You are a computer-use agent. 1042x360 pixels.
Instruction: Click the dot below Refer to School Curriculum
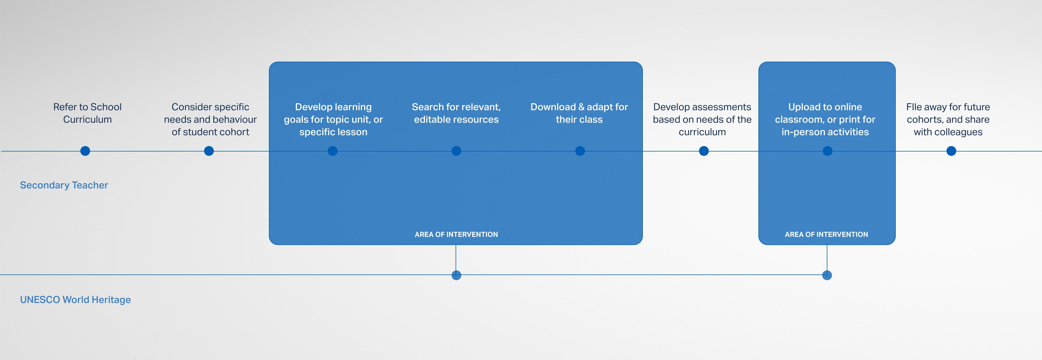85,151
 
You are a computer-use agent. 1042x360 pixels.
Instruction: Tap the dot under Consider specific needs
209,151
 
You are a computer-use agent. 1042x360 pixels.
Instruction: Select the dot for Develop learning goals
332,151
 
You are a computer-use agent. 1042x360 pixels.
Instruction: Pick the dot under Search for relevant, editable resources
456,151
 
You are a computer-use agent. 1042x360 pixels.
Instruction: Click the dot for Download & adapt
580,151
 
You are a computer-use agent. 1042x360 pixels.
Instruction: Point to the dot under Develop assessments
704,151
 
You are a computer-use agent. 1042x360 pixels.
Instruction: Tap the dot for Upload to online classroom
828,151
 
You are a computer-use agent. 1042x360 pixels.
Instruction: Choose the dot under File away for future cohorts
951,151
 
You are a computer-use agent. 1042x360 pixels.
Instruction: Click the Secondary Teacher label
64,185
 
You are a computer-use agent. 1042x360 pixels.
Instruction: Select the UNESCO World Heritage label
75,300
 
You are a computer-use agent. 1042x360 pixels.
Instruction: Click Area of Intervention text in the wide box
456,235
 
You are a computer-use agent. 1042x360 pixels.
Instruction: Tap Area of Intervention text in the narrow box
826,235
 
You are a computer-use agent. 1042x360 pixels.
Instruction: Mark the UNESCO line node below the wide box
456,275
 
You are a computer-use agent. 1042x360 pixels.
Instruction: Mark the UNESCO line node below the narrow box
827,275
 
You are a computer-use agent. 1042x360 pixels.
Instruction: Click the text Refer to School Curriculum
87,113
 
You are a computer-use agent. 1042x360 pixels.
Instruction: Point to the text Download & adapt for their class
579,113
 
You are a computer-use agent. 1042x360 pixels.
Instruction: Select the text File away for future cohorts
948,119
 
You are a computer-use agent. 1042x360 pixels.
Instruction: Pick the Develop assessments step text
702,119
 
